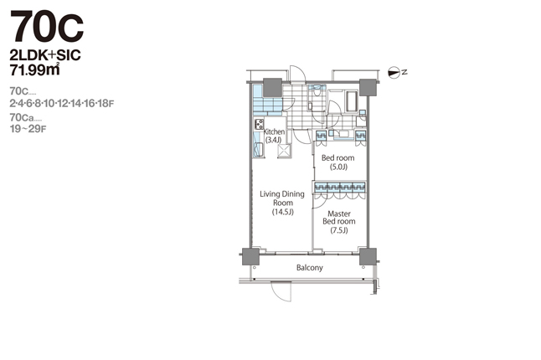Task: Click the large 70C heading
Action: click(x=47, y=27)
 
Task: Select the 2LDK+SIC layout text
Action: click(x=45, y=55)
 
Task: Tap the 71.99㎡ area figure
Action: click(x=34, y=69)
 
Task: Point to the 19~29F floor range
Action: click(x=28, y=129)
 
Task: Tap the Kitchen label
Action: click(x=275, y=131)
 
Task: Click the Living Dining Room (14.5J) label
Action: click(x=282, y=203)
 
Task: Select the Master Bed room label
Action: click(x=339, y=218)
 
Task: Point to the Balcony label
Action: click(x=310, y=268)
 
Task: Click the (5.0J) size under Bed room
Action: click(x=338, y=167)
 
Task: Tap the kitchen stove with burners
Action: click(x=259, y=124)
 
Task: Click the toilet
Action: click(x=316, y=90)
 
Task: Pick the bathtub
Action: click(x=352, y=101)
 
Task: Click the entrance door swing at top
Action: click(x=297, y=74)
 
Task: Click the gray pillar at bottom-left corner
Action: click(x=250, y=256)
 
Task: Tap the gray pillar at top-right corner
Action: click(x=368, y=87)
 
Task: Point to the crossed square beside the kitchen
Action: click(x=284, y=151)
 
